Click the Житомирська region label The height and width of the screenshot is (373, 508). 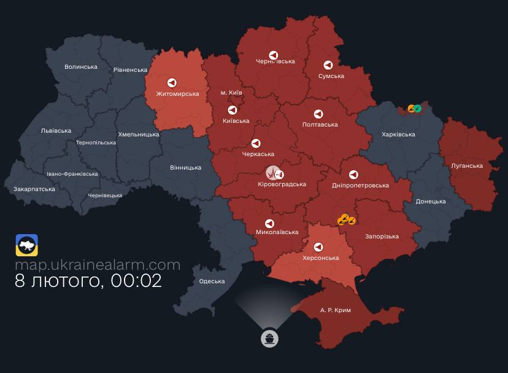pos(177,94)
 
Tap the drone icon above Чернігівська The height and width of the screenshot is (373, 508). pos(275,53)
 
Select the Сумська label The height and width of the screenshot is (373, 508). pos(331,76)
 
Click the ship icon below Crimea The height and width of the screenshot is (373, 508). pos(269,338)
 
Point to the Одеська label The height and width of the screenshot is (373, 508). pos(212,281)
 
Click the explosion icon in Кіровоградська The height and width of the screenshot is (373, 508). pos(271,173)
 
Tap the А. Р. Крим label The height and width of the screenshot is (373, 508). pos(336,310)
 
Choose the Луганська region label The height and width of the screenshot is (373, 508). pos(467,166)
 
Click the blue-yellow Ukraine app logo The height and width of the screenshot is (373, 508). pos(27,245)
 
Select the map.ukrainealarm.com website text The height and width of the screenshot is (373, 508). pos(98,265)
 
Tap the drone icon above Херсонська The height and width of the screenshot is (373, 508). pos(318,247)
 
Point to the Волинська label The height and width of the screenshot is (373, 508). pos(81,67)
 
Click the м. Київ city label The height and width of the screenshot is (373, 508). pos(231,93)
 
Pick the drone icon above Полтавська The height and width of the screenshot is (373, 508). pos(318,114)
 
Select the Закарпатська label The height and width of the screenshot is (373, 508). pos(34,189)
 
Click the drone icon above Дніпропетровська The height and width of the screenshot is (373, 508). pos(353,175)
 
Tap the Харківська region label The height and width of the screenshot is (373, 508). pos(398,134)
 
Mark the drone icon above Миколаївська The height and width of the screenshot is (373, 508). pos(269,223)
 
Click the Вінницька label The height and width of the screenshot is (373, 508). pos(185,167)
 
